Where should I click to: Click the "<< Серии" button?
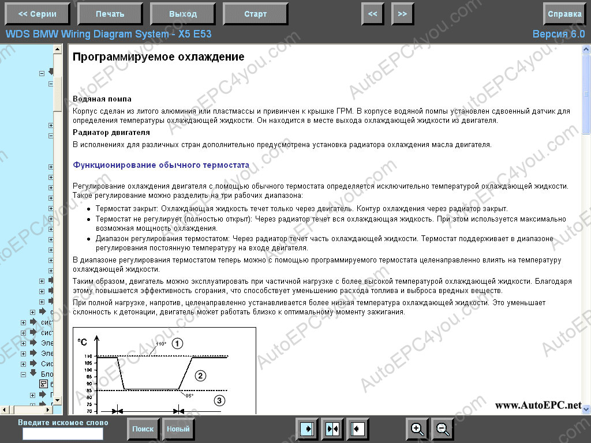37,14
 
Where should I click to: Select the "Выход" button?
183,14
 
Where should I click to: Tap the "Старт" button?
256,14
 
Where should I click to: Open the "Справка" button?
564,14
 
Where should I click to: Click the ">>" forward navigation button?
402,14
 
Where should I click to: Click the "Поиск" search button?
143,429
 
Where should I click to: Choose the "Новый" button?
178,429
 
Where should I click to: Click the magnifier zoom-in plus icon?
417,429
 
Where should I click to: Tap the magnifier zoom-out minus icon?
443,429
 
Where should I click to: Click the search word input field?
63,433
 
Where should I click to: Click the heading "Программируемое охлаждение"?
159,57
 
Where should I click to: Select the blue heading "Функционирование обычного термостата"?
161,165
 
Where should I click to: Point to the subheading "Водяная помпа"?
102,99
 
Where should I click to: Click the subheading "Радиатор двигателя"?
111,132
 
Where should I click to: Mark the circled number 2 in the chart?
200,376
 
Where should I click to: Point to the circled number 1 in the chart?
177,343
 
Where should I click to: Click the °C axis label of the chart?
83,342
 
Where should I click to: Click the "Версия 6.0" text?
558,34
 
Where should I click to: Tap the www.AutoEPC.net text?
538,406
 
